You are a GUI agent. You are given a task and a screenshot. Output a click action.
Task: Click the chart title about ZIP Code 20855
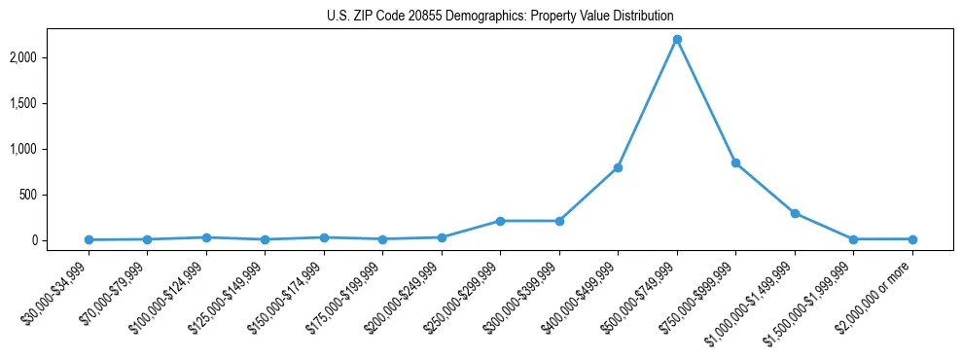500,17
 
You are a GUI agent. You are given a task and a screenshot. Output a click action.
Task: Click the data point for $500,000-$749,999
677,39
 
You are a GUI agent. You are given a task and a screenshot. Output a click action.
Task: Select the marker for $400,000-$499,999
618,167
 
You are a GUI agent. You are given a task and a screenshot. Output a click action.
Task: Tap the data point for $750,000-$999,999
735,162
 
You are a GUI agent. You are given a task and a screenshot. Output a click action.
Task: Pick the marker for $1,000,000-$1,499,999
795,213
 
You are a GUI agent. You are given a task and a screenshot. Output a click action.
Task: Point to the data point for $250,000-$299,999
500,221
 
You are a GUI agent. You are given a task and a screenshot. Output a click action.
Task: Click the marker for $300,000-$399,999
558,221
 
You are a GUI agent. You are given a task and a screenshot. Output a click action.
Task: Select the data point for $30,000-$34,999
89,239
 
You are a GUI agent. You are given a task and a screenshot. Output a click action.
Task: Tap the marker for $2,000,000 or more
912,238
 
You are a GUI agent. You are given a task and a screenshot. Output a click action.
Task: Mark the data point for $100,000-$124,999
206,237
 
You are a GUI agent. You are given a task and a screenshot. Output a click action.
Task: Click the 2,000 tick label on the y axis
50,57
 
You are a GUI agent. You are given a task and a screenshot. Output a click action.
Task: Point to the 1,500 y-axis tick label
50,103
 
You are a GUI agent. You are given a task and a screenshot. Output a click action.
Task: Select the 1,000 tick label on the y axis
50,149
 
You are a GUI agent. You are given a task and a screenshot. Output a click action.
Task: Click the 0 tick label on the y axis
60,240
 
